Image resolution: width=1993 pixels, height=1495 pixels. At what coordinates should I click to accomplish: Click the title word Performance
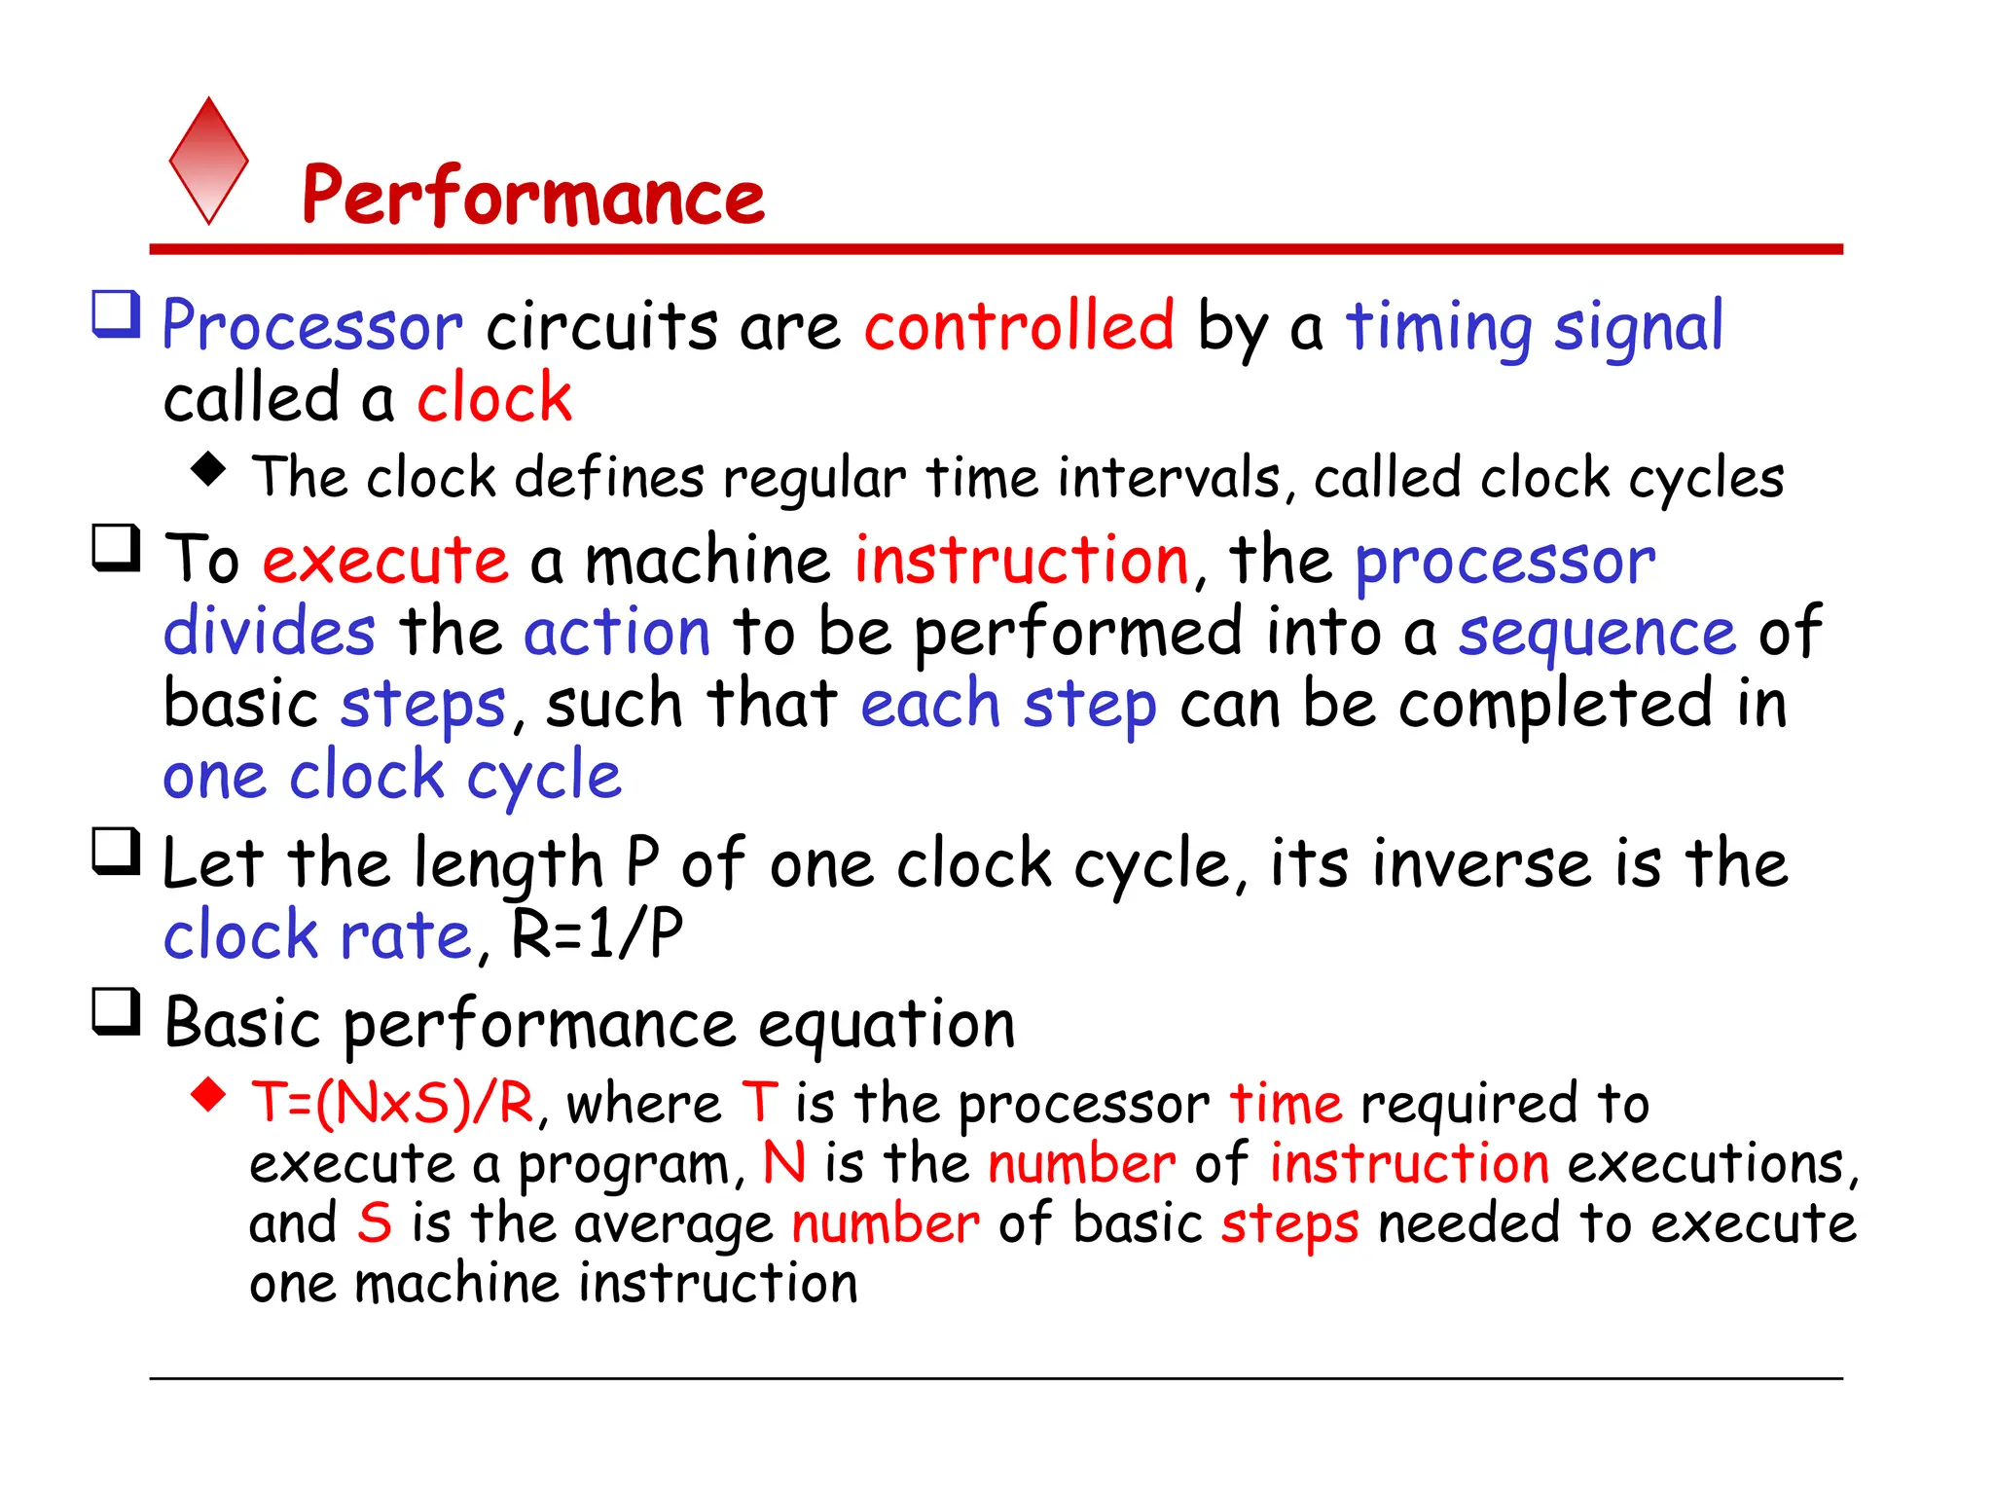click(x=533, y=196)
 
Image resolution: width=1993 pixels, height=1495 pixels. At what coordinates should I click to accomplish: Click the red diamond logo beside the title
click(x=208, y=161)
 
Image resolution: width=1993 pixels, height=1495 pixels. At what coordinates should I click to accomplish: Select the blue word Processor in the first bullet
click(x=312, y=326)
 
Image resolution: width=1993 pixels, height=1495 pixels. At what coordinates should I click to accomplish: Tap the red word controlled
click(x=1019, y=326)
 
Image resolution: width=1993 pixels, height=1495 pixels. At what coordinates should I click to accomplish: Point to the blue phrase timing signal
click(x=1534, y=328)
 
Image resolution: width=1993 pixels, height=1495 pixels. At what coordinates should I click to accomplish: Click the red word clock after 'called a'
click(x=494, y=398)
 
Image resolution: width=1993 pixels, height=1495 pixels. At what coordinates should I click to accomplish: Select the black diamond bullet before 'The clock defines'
click(x=208, y=469)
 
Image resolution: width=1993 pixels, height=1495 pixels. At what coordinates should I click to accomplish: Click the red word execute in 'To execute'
click(x=385, y=561)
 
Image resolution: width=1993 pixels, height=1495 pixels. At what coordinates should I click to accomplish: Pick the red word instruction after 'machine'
click(x=1022, y=561)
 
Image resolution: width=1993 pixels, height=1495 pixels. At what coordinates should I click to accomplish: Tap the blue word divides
click(x=269, y=632)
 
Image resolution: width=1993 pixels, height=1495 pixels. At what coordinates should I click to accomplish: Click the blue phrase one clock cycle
click(x=391, y=777)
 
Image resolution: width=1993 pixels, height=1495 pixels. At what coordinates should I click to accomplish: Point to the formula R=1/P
click(x=597, y=933)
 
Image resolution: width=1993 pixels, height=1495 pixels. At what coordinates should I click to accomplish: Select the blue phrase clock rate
click(x=317, y=935)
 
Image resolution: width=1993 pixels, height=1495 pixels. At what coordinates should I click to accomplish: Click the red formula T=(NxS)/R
click(x=392, y=1104)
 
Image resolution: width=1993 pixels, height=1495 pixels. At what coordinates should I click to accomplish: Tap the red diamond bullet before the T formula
click(x=208, y=1095)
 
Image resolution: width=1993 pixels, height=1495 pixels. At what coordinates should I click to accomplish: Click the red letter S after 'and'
click(x=374, y=1223)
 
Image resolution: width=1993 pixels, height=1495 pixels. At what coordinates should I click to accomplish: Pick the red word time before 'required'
click(x=1286, y=1104)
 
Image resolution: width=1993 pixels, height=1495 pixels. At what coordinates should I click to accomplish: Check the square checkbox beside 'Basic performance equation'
click(x=117, y=1012)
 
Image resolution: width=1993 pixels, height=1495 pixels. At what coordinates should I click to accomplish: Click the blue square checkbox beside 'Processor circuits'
click(x=117, y=314)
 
